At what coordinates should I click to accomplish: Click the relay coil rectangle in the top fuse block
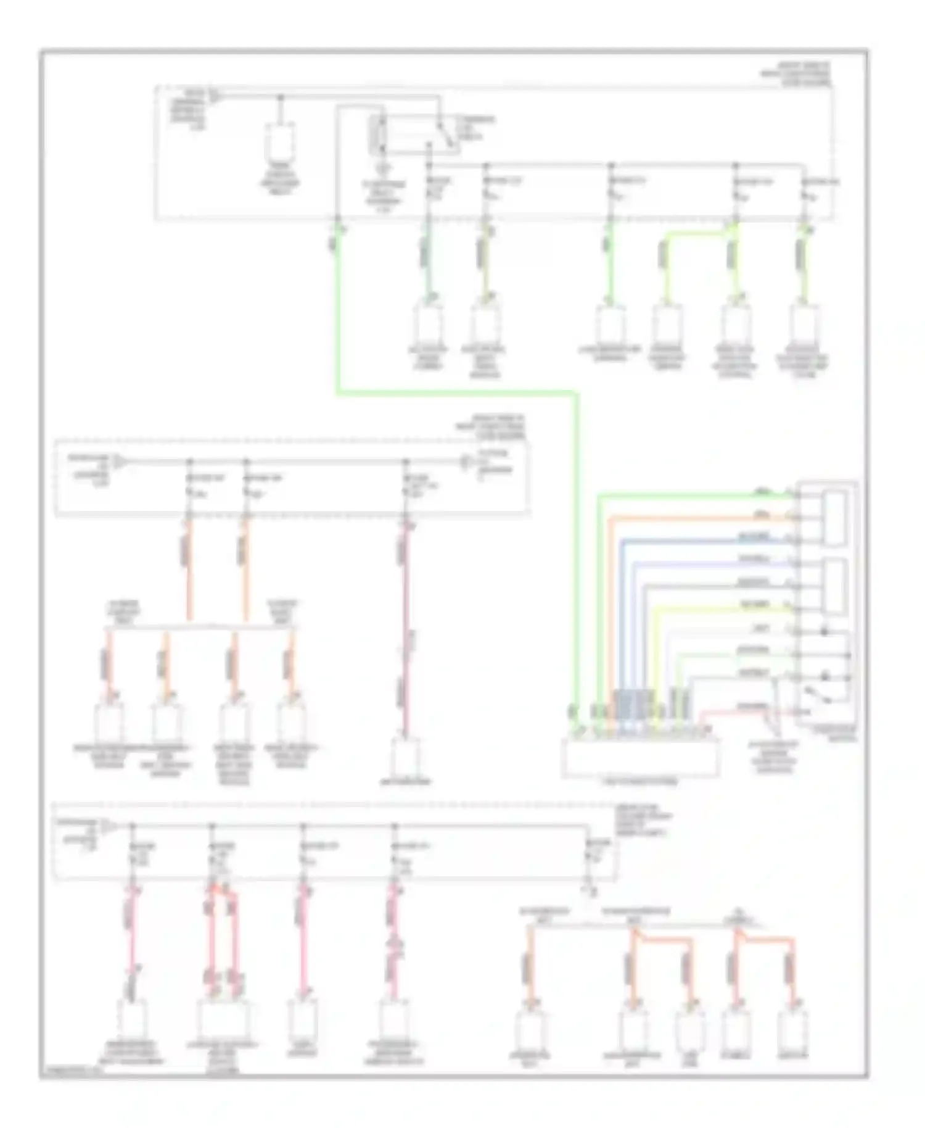point(376,135)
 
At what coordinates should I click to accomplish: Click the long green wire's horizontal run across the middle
point(456,392)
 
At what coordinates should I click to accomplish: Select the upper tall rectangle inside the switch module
point(835,518)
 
